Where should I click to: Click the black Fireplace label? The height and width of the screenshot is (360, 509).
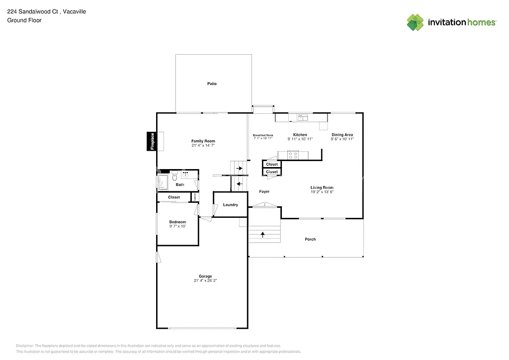click(x=153, y=141)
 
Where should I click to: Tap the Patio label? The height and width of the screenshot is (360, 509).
click(x=212, y=84)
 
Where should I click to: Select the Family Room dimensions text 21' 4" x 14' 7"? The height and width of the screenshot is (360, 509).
click(x=203, y=146)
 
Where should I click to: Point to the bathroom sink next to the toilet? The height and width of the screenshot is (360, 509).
click(x=185, y=175)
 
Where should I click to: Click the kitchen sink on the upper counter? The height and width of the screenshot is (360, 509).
click(x=302, y=117)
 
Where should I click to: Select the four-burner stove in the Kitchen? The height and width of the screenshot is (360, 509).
click(x=293, y=155)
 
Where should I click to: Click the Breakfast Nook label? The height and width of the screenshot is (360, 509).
click(x=263, y=135)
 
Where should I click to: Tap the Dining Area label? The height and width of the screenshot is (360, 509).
click(x=342, y=135)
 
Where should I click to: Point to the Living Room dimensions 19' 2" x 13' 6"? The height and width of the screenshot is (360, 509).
click(x=322, y=192)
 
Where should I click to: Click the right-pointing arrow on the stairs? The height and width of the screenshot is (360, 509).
click(x=239, y=169)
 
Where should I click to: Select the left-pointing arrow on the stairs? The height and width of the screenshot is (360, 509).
click(x=239, y=184)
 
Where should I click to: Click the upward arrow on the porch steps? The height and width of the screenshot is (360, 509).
click(x=262, y=233)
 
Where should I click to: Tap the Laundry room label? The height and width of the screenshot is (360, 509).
click(x=230, y=205)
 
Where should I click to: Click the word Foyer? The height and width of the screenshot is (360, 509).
click(x=264, y=191)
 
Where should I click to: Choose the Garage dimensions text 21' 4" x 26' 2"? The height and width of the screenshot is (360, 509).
click(x=205, y=280)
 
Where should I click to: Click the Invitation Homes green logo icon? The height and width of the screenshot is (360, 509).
click(x=416, y=22)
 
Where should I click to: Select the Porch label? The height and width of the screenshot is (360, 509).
click(x=310, y=239)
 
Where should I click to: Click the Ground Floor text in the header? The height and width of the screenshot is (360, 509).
click(x=24, y=20)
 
